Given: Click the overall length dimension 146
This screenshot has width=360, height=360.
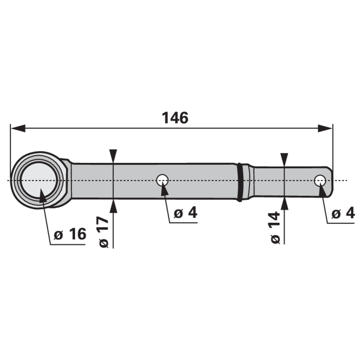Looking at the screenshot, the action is click(x=175, y=118).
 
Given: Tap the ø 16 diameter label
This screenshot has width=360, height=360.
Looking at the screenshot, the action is click(x=70, y=234).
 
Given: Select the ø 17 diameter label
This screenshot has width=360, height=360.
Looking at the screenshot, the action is click(x=104, y=232).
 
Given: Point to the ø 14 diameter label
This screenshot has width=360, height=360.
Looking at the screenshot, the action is click(x=275, y=228).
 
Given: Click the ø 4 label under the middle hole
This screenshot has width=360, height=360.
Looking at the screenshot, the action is click(x=185, y=212).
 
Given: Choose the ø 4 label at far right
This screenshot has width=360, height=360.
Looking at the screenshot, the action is click(x=343, y=214).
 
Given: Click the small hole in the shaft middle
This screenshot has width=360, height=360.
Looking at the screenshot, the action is click(x=162, y=180).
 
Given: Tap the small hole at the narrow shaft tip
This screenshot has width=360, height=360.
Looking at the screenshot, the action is click(x=320, y=181).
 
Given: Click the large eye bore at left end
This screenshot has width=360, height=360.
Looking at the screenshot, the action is click(x=39, y=180).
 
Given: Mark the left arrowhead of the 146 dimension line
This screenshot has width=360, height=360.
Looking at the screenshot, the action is click(x=18, y=128).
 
